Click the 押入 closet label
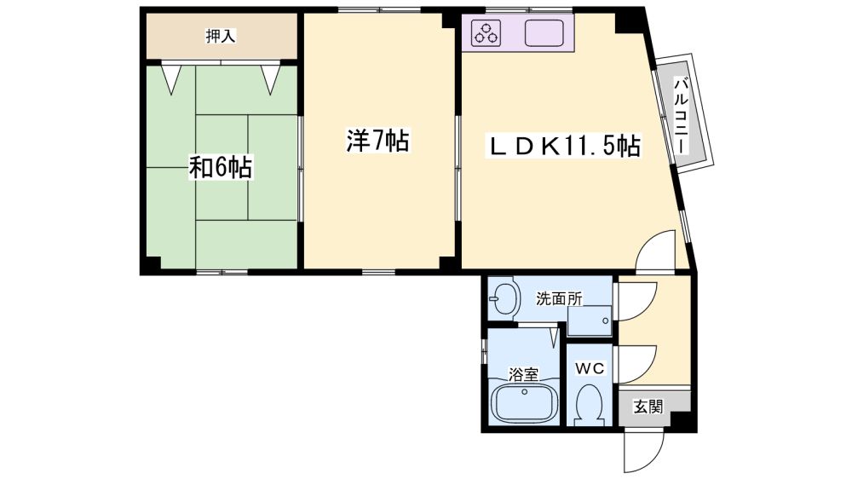click(221, 37)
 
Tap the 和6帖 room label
click(221, 167)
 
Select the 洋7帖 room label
click(378, 141)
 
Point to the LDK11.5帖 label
click(563, 146)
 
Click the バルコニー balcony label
click(681, 114)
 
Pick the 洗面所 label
click(559, 298)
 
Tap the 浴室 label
click(523, 374)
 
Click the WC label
click(590, 369)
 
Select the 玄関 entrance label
click(648, 406)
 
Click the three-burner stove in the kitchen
click(486, 32)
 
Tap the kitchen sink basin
click(544, 32)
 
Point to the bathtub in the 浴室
click(525, 403)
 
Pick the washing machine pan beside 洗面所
click(590, 320)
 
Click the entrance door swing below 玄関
click(644, 450)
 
